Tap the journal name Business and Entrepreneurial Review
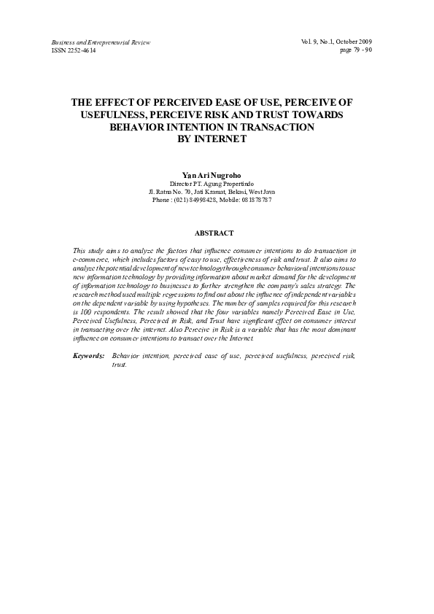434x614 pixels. [100, 43]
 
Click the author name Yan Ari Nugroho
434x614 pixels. [216, 176]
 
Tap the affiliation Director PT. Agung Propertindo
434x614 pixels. [216, 184]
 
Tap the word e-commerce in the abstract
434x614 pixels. [93, 259]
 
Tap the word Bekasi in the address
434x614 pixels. [233, 192]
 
